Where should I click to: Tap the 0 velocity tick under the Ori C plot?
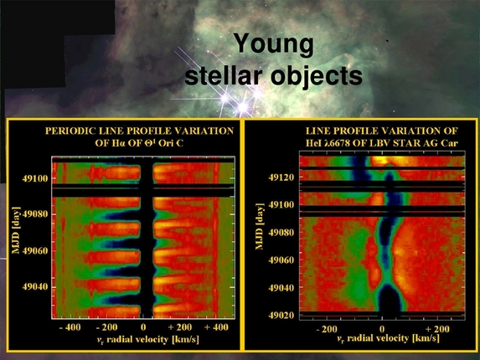[x=144, y=329]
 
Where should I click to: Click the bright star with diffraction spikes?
[x=245, y=107]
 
